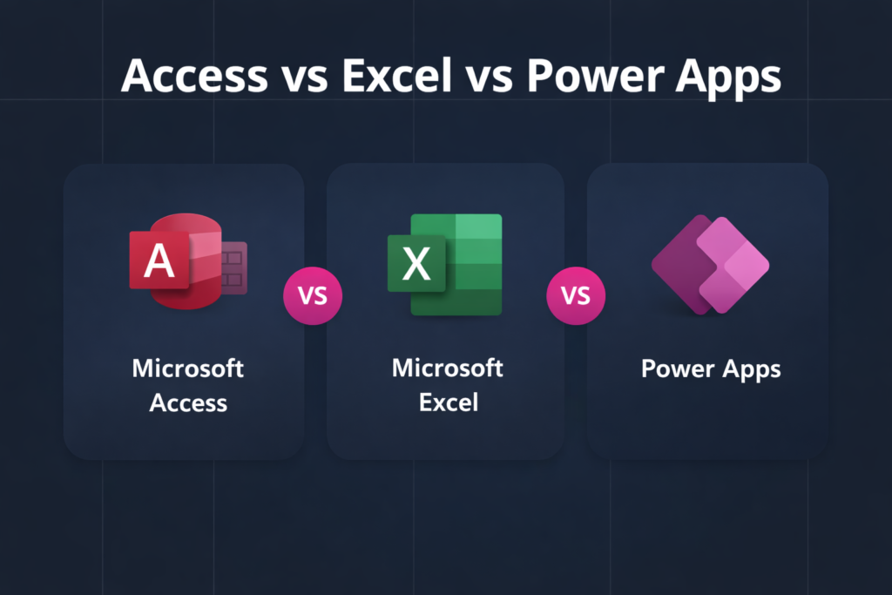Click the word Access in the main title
[194, 77]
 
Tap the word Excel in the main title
[396, 77]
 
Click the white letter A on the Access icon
[159, 260]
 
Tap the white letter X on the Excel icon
[416, 263]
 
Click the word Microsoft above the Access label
[188, 368]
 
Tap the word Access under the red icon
[188, 403]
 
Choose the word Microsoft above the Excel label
[447, 368]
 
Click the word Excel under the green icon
[448, 403]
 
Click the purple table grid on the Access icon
[233, 267]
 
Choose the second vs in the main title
[489, 78]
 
